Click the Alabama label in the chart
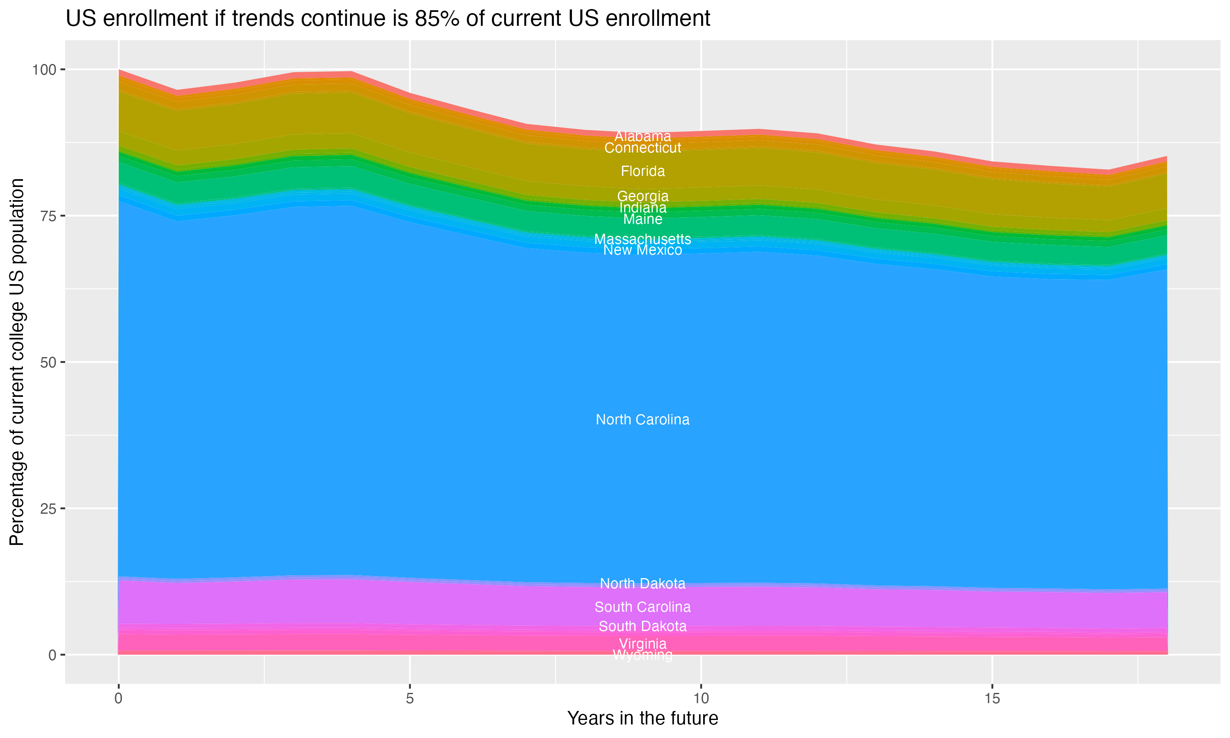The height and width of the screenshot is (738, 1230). coord(642,136)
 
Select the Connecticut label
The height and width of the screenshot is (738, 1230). coord(642,148)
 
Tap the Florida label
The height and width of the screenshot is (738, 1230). coord(642,171)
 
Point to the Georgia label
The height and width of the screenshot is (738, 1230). coord(642,196)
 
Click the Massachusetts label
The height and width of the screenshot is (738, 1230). coord(642,239)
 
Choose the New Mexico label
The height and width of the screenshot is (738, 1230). coord(642,250)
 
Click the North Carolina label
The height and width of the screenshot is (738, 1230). coord(642,420)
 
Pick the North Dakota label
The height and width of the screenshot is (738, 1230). coord(642,584)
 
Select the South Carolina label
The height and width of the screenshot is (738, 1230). coord(642,607)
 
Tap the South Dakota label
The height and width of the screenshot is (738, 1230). coord(642,626)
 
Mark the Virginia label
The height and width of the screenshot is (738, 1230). coord(642,644)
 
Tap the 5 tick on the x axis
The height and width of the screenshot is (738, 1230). coord(410,699)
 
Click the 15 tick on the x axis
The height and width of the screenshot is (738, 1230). coord(992,699)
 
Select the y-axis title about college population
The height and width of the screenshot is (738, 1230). coord(17,362)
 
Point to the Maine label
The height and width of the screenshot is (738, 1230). coord(642,219)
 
